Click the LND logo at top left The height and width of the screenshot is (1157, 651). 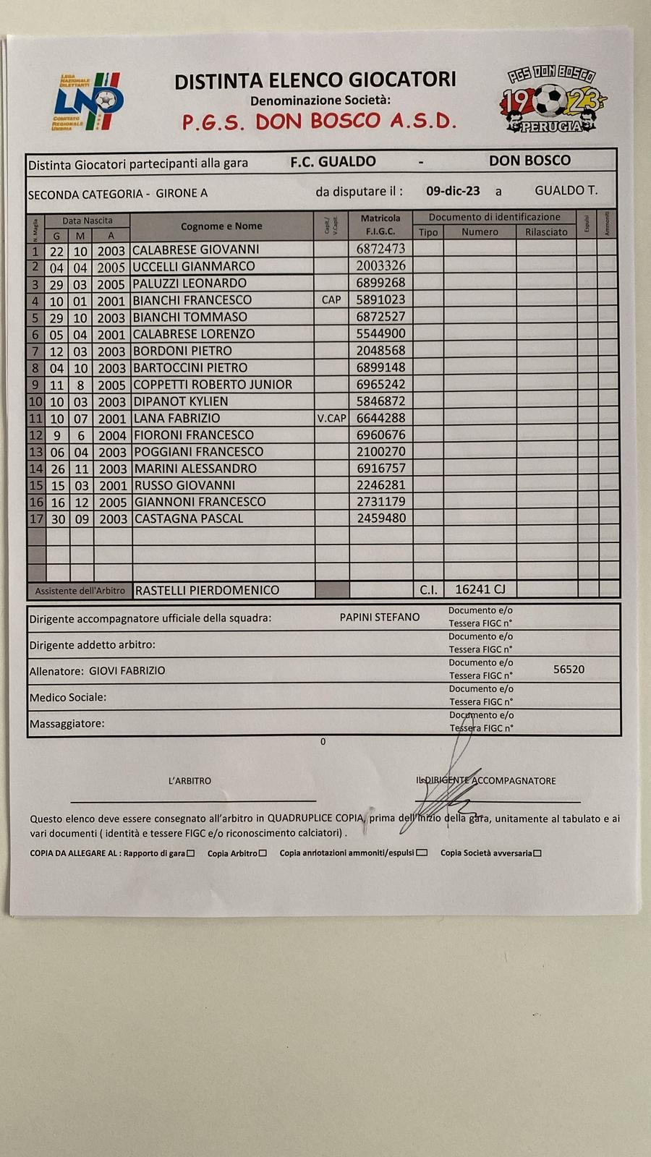tap(88, 102)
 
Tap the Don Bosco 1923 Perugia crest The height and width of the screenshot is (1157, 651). tap(552, 101)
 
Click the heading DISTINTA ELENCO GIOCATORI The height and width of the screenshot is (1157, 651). tap(315, 80)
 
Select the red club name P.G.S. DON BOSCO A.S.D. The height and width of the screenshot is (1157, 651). tap(319, 121)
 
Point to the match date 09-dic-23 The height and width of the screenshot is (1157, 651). tap(453, 192)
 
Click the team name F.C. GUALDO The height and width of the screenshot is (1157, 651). tap(333, 162)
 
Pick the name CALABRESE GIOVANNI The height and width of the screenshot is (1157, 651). tap(196, 249)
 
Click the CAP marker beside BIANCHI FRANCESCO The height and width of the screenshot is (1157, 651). tap(331, 300)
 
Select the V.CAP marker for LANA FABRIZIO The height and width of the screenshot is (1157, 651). tap(331, 418)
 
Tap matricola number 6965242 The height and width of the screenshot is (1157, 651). tap(380, 385)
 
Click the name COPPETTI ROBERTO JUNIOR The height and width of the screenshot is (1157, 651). tap(213, 385)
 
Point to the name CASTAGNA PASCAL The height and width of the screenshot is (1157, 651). tap(189, 518)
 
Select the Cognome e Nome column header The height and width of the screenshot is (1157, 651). tap(221, 226)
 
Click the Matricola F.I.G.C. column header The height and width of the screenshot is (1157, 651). tap(380, 224)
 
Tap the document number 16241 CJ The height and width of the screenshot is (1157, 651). tap(480, 589)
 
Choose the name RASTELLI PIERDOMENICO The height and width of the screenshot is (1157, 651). tap(207, 590)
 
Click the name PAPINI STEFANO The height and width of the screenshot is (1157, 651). tap(380, 617)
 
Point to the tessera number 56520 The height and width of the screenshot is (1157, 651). tap(569, 670)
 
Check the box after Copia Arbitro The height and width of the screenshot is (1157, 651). tap(263, 853)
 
